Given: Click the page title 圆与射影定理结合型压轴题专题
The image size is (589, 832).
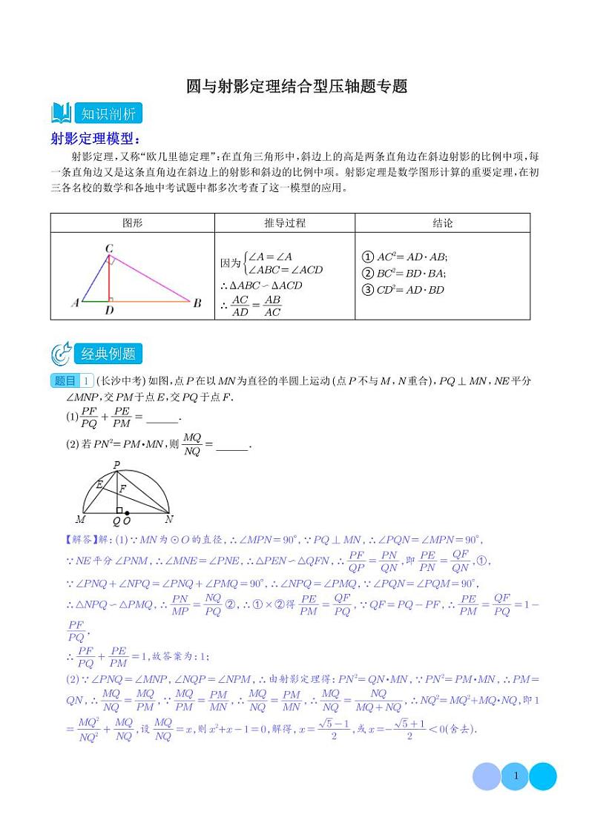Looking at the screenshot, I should point(297,87).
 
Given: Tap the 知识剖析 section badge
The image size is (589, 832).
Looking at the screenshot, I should point(108,114).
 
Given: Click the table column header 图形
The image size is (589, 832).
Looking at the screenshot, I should point(132,223).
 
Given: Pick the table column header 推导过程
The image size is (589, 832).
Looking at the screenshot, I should point(285,223).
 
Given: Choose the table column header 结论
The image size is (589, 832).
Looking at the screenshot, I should point(442,223).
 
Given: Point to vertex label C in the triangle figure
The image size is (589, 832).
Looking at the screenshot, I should point(108,248).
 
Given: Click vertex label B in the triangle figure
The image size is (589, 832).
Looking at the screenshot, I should point(197,303).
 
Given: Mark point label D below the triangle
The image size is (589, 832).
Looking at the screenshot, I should point(109,311).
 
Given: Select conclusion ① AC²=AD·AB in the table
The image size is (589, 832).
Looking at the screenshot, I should point(403,257).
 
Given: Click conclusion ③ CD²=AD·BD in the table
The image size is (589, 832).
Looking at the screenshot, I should point(401,290).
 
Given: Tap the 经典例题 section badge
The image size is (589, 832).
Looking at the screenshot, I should point(108,354).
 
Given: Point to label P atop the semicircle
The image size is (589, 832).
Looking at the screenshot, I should point(116,465).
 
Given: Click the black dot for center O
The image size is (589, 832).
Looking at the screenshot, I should point(128,513).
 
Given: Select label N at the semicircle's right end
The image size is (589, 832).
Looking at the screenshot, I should point(169,520).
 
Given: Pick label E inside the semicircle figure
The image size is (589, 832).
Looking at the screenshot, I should point(99,483).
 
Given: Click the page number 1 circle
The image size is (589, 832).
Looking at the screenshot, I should point(515,776).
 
